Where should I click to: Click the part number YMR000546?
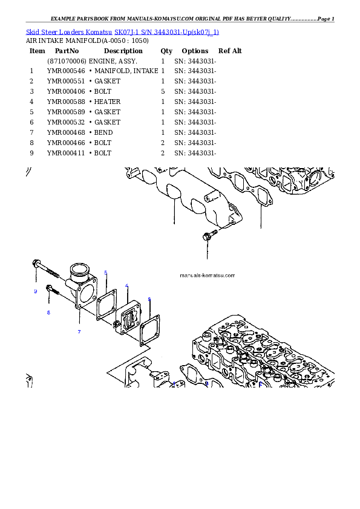(66, 71)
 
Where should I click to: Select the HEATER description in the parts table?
(107, 102)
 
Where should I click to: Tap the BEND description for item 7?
(103, 133)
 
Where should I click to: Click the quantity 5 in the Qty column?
(163, 91)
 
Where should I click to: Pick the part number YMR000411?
(66, 153)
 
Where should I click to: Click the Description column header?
(123, 51)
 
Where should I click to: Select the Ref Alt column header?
(230, 51)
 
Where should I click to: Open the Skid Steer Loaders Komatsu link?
(69, 32)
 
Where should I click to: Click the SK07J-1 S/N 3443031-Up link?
(166, 32)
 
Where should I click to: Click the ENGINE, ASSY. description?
(113, 61)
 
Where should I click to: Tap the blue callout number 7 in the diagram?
(79, 332)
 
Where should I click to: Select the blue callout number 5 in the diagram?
(106, 273)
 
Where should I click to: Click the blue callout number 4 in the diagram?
(126, 286)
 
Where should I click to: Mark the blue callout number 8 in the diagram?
(49, 313)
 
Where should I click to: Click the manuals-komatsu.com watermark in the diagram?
(208, 276)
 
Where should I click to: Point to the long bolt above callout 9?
(46, 269)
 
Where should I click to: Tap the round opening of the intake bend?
(79, 273)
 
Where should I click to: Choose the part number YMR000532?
(66, 122)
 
